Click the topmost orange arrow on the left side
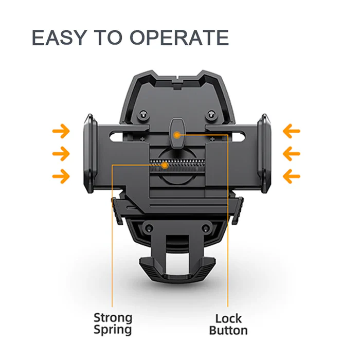point(61,132)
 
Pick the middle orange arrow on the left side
point(61,154)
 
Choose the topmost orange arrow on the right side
point(292,132)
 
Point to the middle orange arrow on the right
point(292,154)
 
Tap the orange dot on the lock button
point(176,135)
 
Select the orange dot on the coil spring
point(164,166)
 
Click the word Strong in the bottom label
point(113,318)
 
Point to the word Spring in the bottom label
point(113,330)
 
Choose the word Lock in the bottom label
point(228,318)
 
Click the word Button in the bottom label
point(228,330)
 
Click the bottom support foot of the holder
point(177,267)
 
